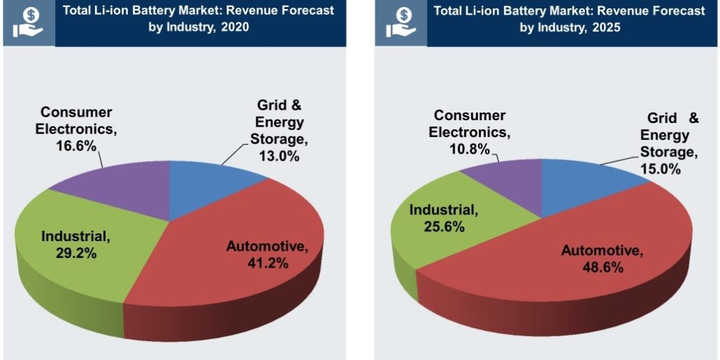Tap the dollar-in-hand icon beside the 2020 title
[27, 23]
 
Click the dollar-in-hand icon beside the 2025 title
[398, 23]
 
